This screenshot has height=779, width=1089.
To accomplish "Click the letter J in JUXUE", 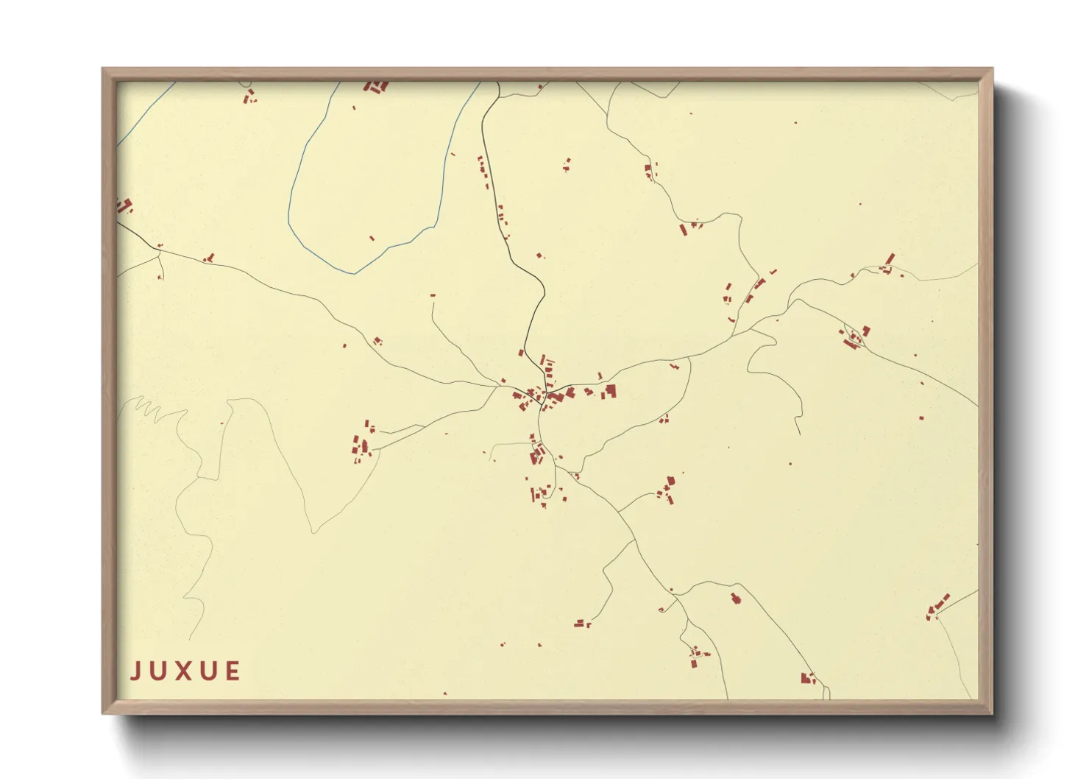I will pos(136,671).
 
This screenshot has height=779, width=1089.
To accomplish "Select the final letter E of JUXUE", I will pos(233,671).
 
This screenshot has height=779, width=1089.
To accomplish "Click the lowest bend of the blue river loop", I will pos(355,273).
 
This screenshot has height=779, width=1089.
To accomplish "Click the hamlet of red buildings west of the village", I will pos(363,444).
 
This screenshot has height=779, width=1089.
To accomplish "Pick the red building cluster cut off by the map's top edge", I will pos(376,87).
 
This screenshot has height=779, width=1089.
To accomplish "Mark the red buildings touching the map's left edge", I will pos(124,205).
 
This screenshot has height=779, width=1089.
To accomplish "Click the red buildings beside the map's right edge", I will pos(937,607).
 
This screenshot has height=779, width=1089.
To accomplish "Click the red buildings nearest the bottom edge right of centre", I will pos(808,678).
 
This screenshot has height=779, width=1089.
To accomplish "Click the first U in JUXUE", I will pos(160,671).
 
